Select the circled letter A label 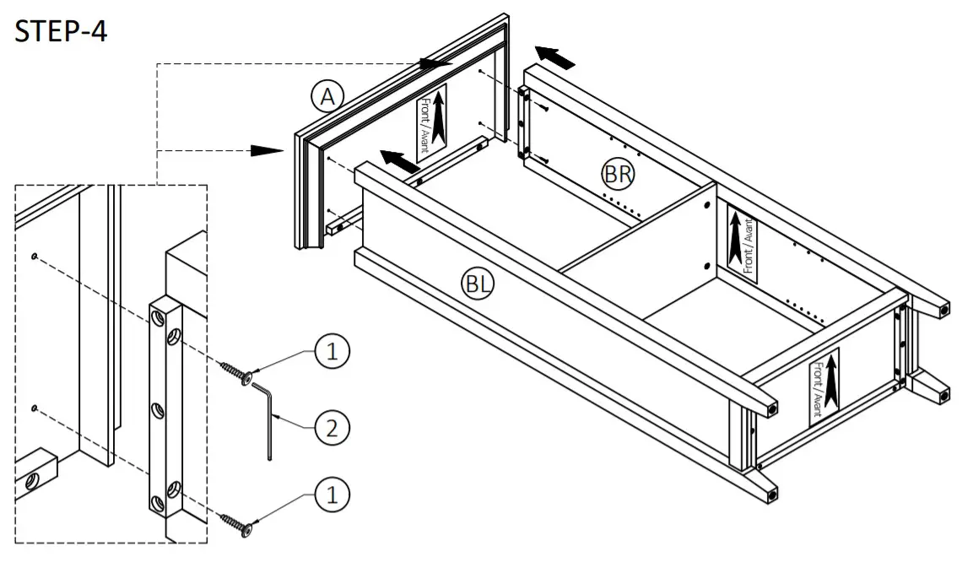(x=326, y=97)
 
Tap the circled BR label (x=618, y=174)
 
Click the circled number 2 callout (x=332, y=429)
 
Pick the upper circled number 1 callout (x=332, y=352)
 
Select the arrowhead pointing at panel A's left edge (x=268, y=150)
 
